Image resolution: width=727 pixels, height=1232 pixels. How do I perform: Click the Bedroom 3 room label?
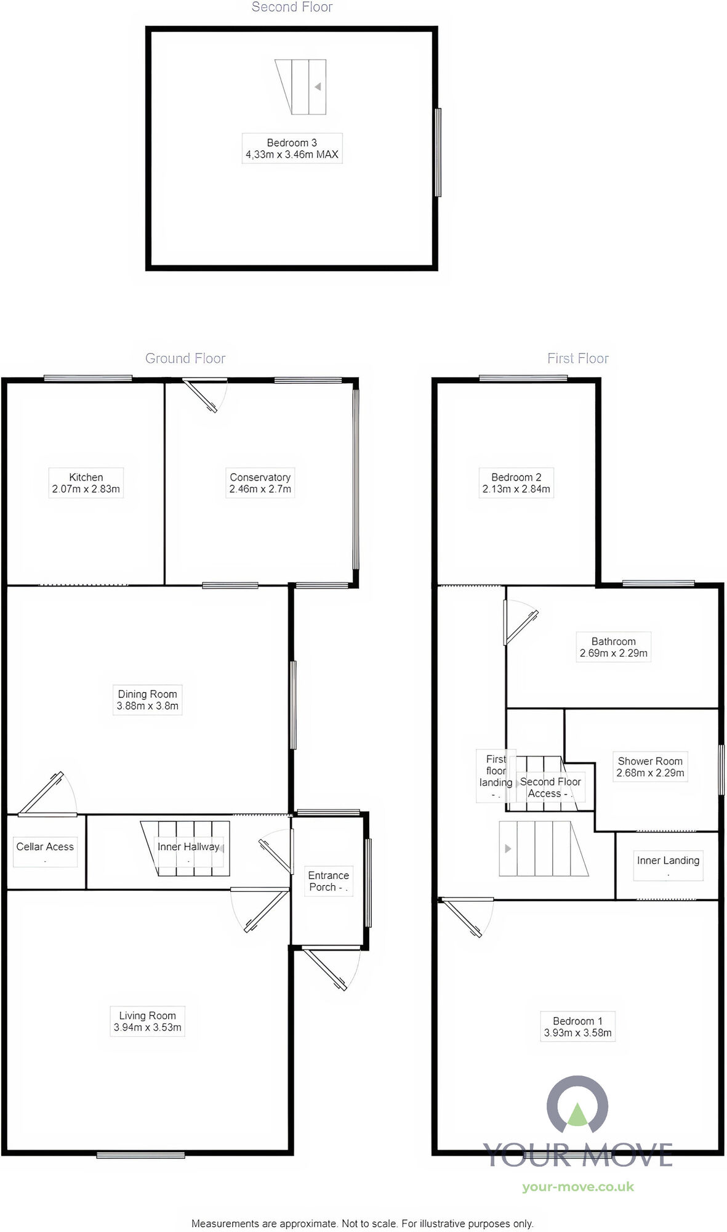pos(292,143)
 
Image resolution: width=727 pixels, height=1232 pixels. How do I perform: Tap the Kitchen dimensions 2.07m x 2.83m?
pos(86,489)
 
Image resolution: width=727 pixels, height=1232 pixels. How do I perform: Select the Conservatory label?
pos(260,477)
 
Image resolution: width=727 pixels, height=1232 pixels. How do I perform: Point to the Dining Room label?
pos(147,694)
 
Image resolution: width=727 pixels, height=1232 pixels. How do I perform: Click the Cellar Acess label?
pos(45,846)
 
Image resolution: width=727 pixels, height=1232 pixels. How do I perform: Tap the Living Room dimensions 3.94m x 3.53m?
pos(147,1027)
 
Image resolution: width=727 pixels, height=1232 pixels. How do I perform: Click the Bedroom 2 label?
pos(516,477)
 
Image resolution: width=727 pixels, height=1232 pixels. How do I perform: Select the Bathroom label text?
pos(613,641)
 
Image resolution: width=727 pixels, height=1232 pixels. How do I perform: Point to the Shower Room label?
pos(650,761)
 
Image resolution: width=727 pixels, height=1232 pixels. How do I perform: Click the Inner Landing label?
pos(668,861)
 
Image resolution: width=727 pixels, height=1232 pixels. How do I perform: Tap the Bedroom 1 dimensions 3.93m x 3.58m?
pos(577,1033)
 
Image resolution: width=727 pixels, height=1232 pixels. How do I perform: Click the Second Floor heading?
pos(292,7)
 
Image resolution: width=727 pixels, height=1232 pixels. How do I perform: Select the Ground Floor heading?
pos(185,359)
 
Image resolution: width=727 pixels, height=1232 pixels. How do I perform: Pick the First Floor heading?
pos(577,359)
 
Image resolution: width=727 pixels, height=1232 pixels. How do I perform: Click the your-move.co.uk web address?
pos(577,1187)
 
